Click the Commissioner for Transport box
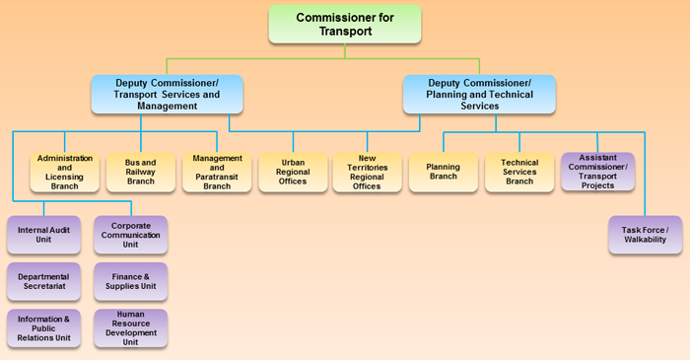[x=344, y=24]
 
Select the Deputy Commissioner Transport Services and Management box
[x=167, y=94]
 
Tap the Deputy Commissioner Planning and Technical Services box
[x=479, y=94]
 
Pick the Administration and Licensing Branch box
[x=65, y=172]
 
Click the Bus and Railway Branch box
[x=141, y=173]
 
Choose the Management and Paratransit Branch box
[x=217, y=172]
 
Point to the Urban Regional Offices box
[x=293, y=173]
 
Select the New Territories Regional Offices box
[x=368, y=173]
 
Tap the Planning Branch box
[x=443, y=172]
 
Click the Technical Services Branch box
[x=519, y=173]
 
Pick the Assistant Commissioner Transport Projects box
[x=597, y=172]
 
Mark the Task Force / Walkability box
[x=645, y=235]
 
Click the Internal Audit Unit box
[x=43, y=235]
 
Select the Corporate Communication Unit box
[x=131, y=235]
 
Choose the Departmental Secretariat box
[x=43, y=281]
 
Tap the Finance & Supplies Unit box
[x=131, y=281]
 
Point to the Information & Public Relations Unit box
[x=43, y=328]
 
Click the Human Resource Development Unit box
[x=131, y=328]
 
